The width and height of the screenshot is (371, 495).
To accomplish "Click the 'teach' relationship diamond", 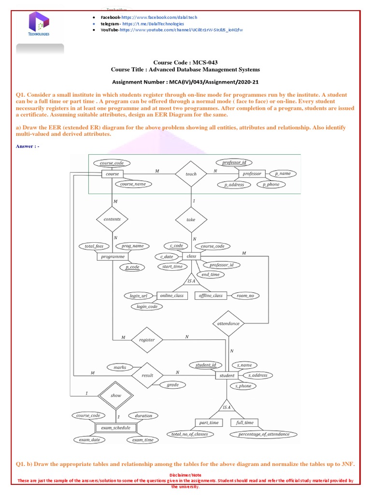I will click(191, 174).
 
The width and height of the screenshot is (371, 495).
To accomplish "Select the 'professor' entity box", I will click(252, 174).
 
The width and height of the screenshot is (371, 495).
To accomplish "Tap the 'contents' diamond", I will click(112, 219).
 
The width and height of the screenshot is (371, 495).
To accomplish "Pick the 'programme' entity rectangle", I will click(113, 257).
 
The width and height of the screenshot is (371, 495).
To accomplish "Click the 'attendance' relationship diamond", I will click(228, 323).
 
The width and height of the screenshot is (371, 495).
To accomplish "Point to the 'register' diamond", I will click(147, 339).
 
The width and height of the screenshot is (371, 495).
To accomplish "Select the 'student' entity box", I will click(227, 375).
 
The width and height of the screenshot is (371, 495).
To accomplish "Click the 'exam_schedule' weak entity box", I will click(115, 428).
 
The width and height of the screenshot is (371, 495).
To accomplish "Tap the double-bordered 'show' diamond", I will click(116, 395).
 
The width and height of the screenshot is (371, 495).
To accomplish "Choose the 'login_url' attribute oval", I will click(139, 295).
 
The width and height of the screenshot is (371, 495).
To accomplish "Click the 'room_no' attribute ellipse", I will click(245, 295).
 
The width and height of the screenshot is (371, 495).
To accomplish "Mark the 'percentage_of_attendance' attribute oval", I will click(264, 434).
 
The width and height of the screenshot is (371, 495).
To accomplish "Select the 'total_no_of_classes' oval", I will click(189, 434).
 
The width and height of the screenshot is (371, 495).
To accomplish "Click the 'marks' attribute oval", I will click(120, 367).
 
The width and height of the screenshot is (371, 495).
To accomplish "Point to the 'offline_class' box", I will click(211, 295).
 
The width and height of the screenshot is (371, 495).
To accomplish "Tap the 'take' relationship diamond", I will click(191, 219).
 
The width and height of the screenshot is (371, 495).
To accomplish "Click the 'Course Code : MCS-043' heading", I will click(185, 62).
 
